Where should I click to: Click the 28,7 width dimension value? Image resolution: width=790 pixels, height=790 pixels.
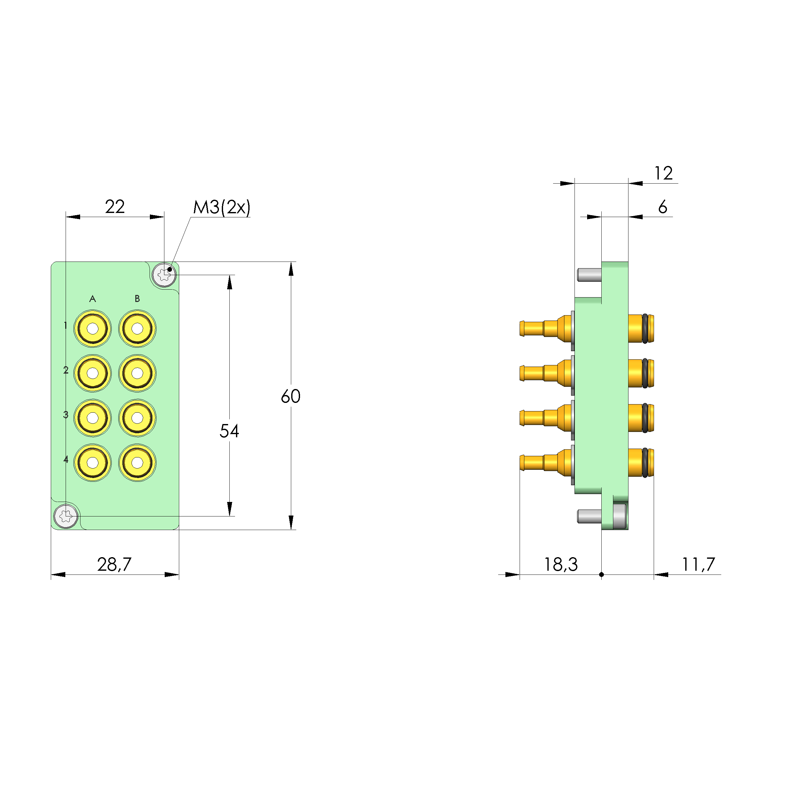pos(115,564)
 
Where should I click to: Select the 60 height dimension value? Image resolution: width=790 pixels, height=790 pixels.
pos(291,396)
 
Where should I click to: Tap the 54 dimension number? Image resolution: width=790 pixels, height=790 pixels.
pos(229,431)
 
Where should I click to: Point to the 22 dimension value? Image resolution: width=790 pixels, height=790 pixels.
pos(115,207)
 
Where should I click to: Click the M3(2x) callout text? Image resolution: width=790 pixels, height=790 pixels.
pos(221,207)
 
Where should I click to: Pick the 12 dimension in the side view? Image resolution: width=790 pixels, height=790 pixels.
pos(663,174)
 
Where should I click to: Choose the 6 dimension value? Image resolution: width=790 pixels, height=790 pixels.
pos(663,207)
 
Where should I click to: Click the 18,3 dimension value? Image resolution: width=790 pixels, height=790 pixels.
pos(561,565)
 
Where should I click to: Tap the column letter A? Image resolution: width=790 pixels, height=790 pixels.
pos(93,299)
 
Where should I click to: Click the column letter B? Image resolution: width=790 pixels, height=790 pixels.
pos(137,299)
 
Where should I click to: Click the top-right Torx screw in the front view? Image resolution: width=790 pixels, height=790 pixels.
pos(164,274)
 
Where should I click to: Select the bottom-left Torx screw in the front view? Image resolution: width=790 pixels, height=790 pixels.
pos(66,516)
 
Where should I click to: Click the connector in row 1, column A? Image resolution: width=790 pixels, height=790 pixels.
pos(93,328)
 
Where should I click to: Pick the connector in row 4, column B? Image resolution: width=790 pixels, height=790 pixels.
pos(137,463)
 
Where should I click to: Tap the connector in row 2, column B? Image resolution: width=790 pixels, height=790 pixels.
pos(137,373)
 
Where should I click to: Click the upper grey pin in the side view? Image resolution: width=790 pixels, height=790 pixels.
pos(589,275)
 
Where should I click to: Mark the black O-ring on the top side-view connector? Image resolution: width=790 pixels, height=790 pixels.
pos(645,328)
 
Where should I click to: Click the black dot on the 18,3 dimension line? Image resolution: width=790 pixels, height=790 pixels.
pos(602,575)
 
